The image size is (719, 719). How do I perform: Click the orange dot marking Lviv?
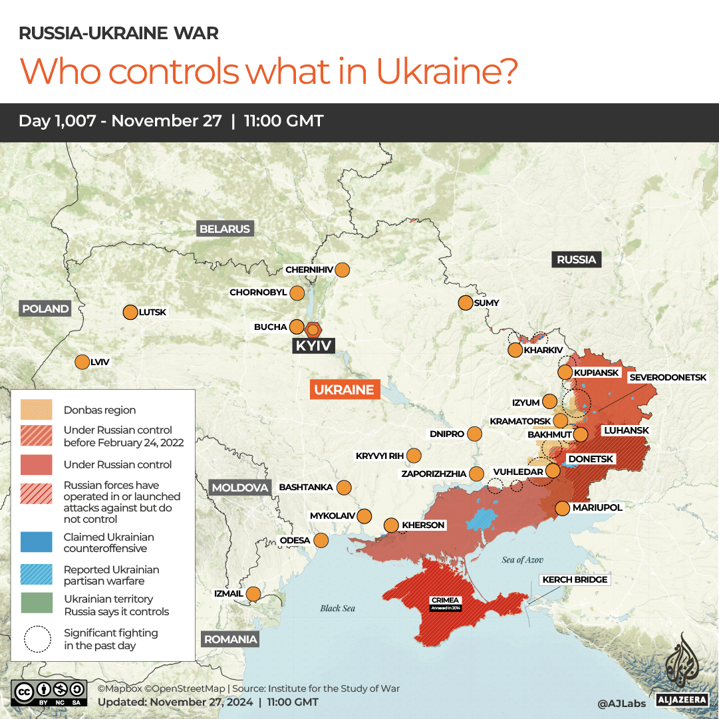pyautogui.click(x=82, y=362)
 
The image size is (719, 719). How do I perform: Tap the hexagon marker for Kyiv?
pyautogui.click(x=313, y=329)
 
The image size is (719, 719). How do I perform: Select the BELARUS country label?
pyautogui.click(x=225, y=229)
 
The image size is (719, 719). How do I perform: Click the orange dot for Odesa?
pyautogui.click(x=321, y=540)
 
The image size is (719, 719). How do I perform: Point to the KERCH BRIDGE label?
pyautogui.click(x=574, y=580)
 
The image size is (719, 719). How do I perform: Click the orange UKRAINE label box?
pyautogui.click(x=345, y=390)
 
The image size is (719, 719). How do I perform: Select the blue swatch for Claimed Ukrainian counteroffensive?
pyautogui.click(x=37, y=542)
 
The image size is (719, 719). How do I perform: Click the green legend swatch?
pyautogui.click(x=37, y=603)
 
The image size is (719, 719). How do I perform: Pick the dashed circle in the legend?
pyautogui.click(x=37, y=639)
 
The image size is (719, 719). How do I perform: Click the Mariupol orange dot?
pyautogui.click(x=562, y=508)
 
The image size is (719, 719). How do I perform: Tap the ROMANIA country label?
pyautogui.click(x=230, y=639)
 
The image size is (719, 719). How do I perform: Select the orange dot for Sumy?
pyautogui.click(x=465, y=303)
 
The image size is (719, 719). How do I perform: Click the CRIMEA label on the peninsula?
pyautogui.click(x=445, y=601)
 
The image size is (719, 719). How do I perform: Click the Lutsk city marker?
pyautogui.click(x=129, y=312)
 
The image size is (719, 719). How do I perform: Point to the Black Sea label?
pyautogui.click(x=338, y=608)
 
